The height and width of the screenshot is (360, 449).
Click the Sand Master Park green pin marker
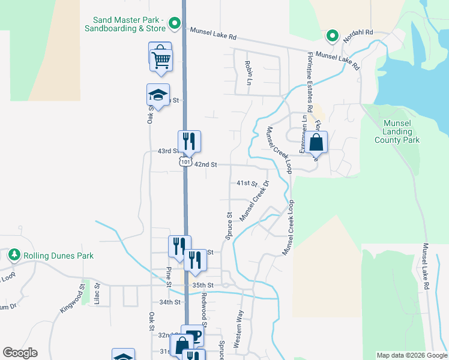[x=175, y=24]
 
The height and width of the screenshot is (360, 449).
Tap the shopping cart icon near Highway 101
[x=161, y=59]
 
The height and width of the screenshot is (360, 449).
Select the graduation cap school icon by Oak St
[x=158, y=95]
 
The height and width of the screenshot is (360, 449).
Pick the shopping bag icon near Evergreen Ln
[x=316, y=143]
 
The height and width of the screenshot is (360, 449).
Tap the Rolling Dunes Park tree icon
[x=14, y=255]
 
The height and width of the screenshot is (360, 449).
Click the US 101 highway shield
[x=185, y=162]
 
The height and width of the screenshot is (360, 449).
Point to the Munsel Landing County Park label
[x=397, y=131]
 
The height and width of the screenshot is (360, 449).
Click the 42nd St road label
[x=205, y=164]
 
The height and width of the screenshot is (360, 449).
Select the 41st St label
[x=246, y=182]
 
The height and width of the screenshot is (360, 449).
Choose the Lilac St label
[x=97, y=295]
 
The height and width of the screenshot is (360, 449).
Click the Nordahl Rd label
[x=358, y=32]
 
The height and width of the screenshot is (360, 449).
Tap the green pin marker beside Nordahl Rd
[x=332, y=37]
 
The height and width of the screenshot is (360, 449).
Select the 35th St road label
[x=203, y=285]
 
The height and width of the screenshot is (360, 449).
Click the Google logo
[x=20, y=353]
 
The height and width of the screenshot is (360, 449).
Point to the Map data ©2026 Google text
[x=411, y=355]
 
